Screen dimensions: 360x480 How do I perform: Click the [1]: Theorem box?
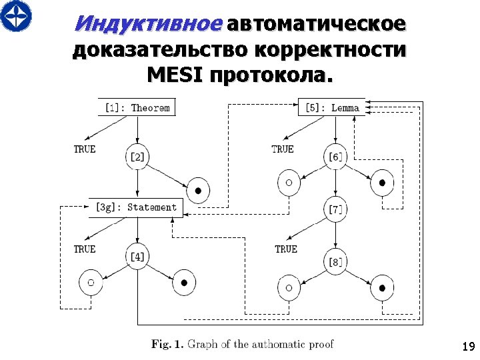[x=137, y=107]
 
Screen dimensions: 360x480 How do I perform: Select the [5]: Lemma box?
[x=331, y=107]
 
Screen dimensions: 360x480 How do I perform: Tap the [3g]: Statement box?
[x=136, y=207]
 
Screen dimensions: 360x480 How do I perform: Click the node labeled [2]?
[x=137, y=157]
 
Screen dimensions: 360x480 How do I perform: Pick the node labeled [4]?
[x=137, y=256]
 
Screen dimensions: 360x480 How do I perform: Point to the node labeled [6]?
[x=335, y=157]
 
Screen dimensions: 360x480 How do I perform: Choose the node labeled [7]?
[x=335, y=209]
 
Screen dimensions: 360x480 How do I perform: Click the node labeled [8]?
[x=335, y=261]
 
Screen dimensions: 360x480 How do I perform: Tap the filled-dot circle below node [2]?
[x=198, y=190]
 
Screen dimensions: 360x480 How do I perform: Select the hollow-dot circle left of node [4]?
[x=91, y=283]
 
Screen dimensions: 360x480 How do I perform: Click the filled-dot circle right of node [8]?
[x=382, y=288]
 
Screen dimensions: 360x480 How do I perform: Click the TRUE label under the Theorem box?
[x=85, y=149]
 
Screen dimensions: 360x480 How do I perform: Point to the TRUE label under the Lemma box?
[x=283, y=149]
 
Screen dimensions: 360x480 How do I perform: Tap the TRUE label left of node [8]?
[x=286, y=249]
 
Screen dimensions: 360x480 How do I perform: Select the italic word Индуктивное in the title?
[x=147, y=23]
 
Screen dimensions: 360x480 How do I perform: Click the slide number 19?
[x=467, y=347]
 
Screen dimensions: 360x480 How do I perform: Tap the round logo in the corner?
[x=15, y=15]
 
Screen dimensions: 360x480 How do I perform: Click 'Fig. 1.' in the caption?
[x=167, y=344]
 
